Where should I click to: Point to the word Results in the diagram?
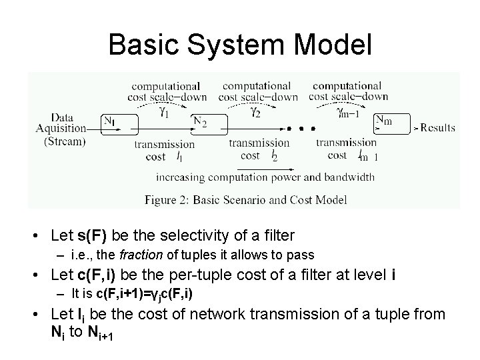pos(437,127)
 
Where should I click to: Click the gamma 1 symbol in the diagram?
pos(163,112)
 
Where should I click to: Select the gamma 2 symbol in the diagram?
pos(255,112)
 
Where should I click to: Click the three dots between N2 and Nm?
pos(301,127)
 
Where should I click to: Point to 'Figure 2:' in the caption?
pos(167,199)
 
